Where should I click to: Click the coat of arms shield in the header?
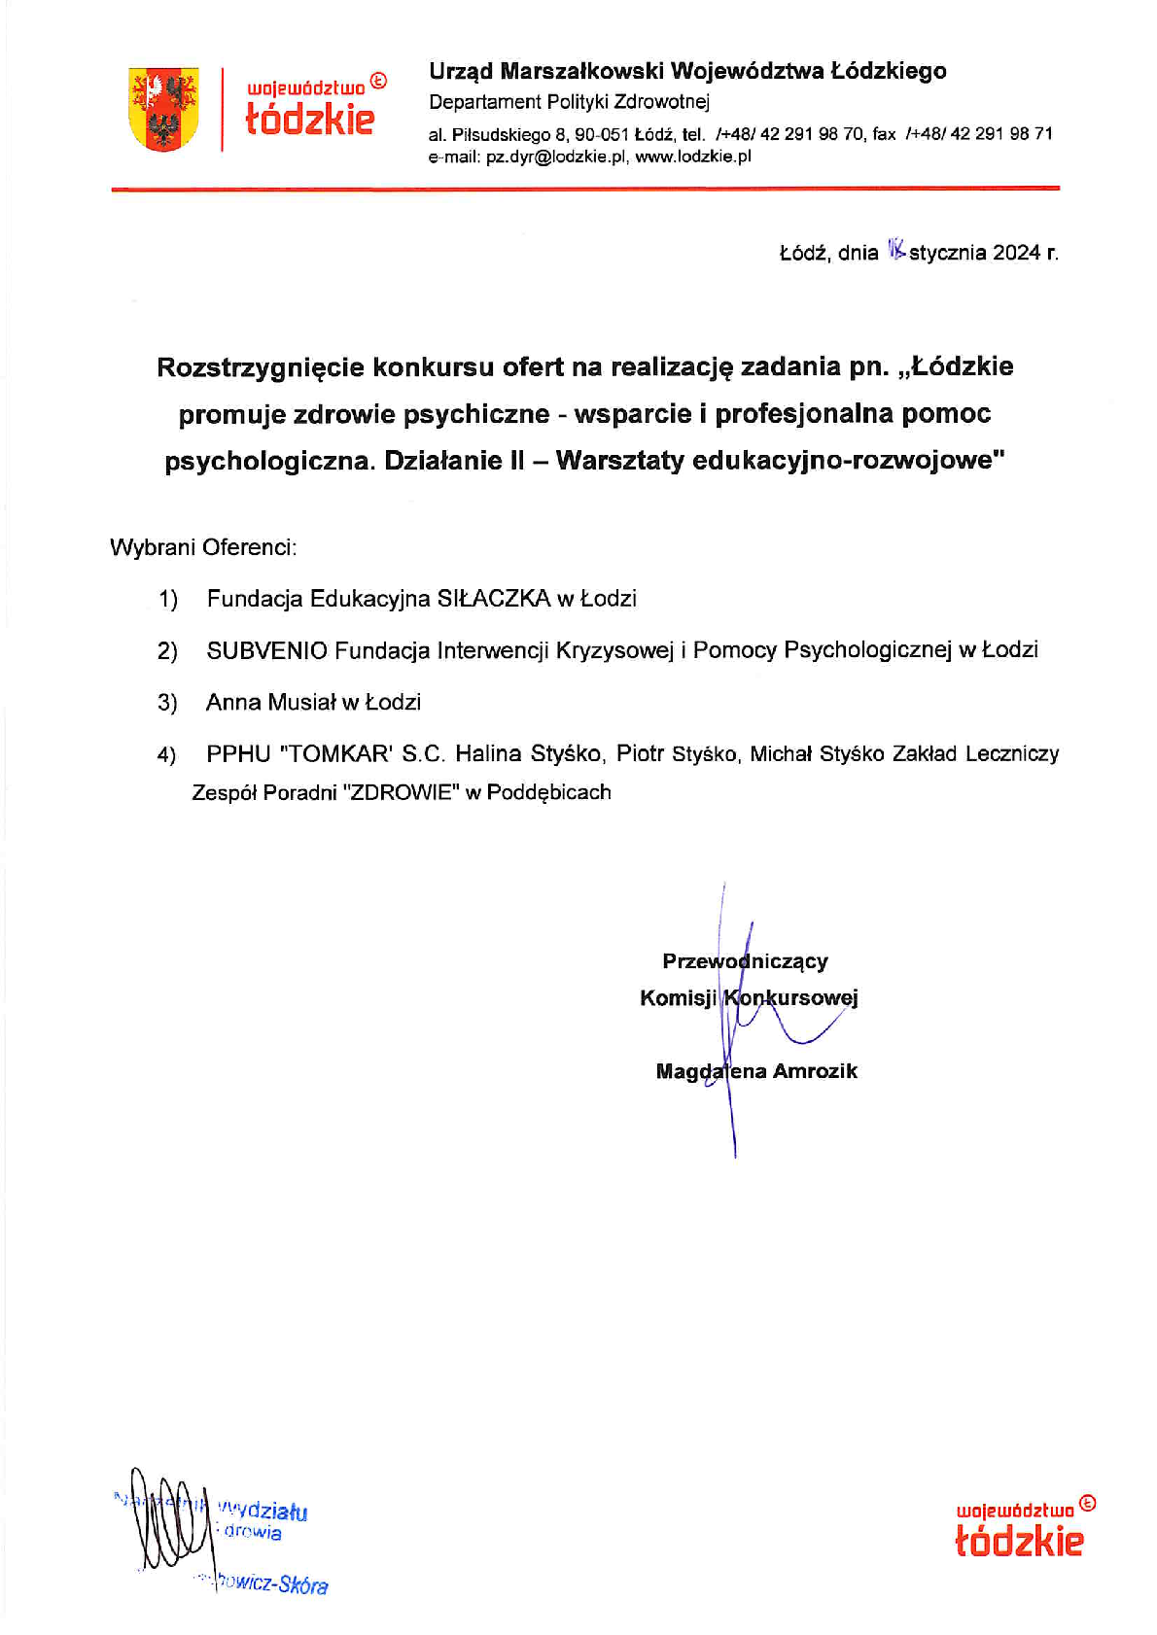coord(163,108)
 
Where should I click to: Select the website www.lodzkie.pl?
coord(693,157)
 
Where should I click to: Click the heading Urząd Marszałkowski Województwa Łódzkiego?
coord(687,71)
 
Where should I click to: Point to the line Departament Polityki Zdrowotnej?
coord(569,102)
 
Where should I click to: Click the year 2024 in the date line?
coord(1016,253)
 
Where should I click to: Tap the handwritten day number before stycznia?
coord(895,251)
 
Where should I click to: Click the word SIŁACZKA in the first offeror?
coord(494,599)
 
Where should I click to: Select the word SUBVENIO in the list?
coord(266,650)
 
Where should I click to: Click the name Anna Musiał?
coord(270,702)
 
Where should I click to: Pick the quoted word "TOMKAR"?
coord(333,754)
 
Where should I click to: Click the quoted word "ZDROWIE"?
coord(402,793)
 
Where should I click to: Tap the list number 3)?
coord(167,703)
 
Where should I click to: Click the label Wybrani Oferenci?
coord(203,547)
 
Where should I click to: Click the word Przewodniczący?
coord(745,961)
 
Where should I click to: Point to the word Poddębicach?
coord(548,793)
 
